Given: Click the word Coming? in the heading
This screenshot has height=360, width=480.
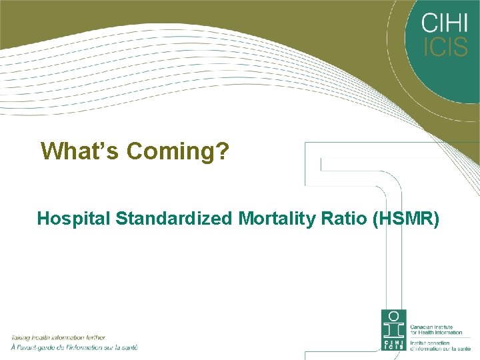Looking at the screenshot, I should pyautogui.click(x=178, y=152).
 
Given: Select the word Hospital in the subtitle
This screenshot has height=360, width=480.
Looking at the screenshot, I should pyautogui.click(x=73, y=218).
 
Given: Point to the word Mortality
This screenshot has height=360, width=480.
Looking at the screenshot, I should pyautogui.click(x=267, y=218).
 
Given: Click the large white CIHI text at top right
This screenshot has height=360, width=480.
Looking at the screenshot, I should pyautogui.click(x=445, y=23).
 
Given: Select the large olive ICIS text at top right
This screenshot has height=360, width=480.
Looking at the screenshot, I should pyautogui.click(x=445, y=47).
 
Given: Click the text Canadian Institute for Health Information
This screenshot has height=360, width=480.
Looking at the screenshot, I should pyautogui.click(x=433, y=330).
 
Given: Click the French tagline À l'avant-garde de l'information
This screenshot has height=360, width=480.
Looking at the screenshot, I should pyautogui.click(x=73, y=347).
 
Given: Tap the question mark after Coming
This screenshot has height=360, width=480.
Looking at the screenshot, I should pyautogui.click(x=223, y=151).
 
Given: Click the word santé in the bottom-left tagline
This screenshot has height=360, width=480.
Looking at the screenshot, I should pyautogui.click(x=128, y=347).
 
